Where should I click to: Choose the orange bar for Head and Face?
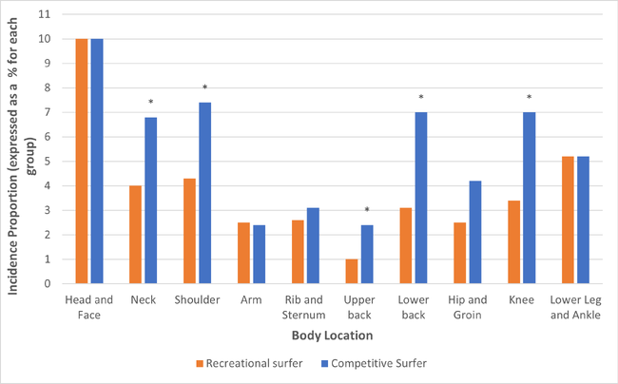[x=82, y=162]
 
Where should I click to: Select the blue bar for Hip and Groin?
[x=475, y=232]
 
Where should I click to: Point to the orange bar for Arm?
[x=244, y=253]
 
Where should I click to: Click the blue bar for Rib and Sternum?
[x=313, y=245]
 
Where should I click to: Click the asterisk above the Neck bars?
[x=150, y=103]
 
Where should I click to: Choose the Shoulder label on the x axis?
[x=198, y=300]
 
